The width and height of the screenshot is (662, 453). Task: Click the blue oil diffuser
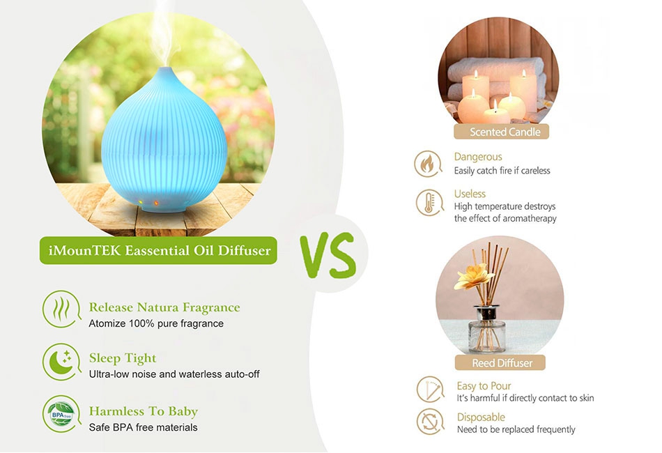(x=164, y=141)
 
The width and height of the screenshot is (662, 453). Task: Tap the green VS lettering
(x=328, y=255)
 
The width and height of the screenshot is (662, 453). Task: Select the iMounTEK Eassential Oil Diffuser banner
(x=158, y=250)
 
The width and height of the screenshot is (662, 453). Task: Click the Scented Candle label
(x=501, y=132)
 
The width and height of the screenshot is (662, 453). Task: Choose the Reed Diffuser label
(x=500, y=362)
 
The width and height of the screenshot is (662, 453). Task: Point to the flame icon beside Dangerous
(x=428, y=163)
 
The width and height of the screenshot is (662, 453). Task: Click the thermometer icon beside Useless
(x=429, y=202)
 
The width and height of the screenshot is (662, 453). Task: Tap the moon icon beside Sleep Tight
(x=61, y=362)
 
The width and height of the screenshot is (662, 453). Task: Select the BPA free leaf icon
(x=61, y=414)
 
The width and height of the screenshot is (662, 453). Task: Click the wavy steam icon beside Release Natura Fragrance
(x=61, y=309)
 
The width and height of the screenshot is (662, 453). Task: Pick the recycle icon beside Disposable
(x=430, y=422)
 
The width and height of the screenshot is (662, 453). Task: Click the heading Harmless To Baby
(x=144, y=411)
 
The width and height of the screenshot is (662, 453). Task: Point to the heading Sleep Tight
(x=123, y=358)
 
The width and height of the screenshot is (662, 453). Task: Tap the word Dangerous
(x=478, y=157)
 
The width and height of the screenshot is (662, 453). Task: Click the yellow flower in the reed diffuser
(x=473, y=277)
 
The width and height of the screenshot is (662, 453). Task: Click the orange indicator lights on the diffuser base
(x=148, y=202)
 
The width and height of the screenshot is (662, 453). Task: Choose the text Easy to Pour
(x=484, y=386)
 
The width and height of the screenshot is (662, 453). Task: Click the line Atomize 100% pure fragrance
(x=156, y=323)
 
